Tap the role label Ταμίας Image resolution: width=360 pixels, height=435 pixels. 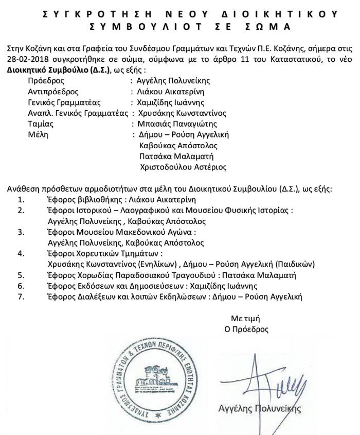pos(41,124)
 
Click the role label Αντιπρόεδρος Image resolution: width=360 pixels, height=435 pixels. pos(53,92)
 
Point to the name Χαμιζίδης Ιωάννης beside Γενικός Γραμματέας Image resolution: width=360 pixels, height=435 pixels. pos(173,102)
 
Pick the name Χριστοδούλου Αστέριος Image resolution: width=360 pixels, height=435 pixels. pos(183,167)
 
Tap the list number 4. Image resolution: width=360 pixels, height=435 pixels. pos(21,253)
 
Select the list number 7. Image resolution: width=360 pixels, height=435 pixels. pos(21,297)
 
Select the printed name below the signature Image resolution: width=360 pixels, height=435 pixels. pos(260,409)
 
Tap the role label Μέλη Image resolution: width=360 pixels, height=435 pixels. pos(38,134)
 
